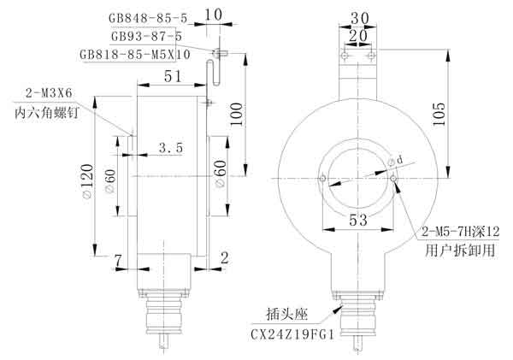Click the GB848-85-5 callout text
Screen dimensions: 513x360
148,18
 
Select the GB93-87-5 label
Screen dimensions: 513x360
146,36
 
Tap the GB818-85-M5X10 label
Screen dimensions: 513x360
135,55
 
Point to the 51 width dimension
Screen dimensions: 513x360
173,77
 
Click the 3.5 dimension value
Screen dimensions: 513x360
171,148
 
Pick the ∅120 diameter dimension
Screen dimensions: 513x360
87,181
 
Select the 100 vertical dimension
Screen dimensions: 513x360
236,114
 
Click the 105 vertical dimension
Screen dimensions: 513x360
439,114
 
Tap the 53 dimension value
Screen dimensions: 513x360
358,220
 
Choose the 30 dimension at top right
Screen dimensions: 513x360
360,18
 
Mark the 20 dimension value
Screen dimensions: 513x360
358,35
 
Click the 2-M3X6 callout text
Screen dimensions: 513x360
49,93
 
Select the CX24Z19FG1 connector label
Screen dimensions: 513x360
292,334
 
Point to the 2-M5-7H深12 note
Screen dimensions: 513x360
460,232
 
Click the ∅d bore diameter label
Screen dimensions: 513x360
395,161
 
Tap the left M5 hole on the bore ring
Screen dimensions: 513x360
323,179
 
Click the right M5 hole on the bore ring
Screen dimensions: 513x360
393,179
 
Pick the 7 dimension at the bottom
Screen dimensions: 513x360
118,261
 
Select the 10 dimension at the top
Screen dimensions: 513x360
213,15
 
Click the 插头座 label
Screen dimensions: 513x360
287,315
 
